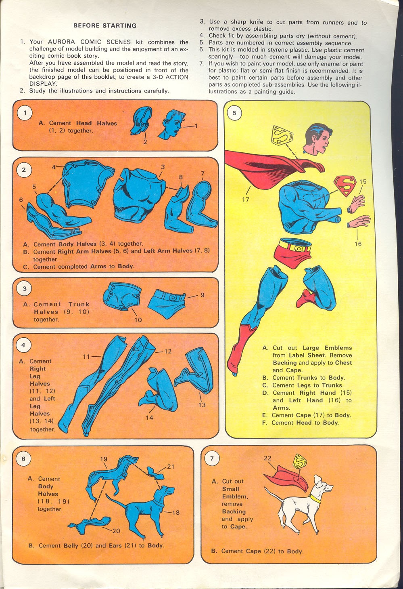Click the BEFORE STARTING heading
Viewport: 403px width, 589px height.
[105, 25]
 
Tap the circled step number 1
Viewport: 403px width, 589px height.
[25, 113]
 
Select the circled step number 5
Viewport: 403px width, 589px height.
[234, 113]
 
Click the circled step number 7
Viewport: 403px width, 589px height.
[212, 458]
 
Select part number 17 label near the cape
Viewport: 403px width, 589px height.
[245, 199]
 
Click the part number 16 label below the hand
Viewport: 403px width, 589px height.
[358, 244]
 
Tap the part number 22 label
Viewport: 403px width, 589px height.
[267, 458]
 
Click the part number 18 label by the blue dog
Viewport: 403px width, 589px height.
[176, 513]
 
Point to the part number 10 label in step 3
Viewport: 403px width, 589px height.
[138, 320]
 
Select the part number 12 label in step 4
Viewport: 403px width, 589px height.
[168, 351]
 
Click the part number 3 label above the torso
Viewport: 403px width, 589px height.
[163, 167]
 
